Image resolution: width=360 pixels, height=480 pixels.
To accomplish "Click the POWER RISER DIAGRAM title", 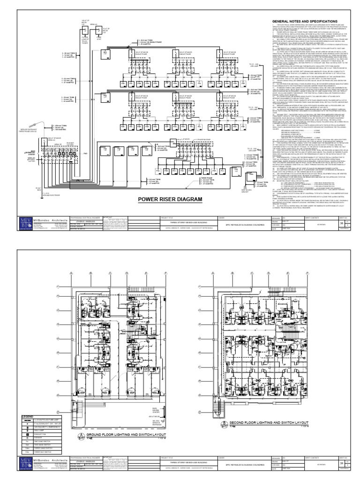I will [x=170, y=199].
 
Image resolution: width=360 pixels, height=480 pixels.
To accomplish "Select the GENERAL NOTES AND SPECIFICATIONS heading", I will [x=303, y=22].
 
